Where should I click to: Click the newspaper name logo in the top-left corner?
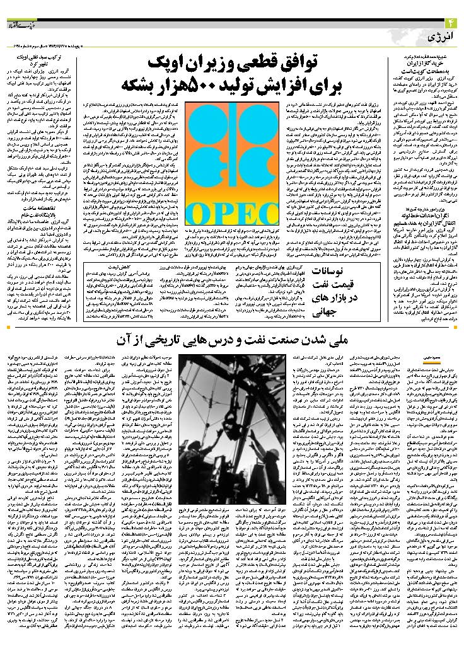[21, 23]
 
